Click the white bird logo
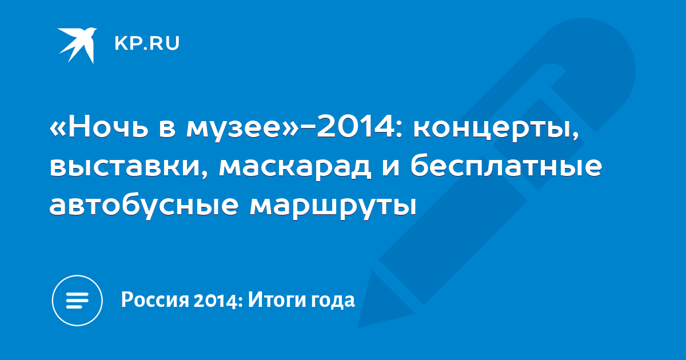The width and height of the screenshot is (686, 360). [77, 45]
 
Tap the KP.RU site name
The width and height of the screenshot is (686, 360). [147, 43]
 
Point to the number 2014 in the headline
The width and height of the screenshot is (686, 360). [356, 126]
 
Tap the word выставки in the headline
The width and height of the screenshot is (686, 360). [129, 167]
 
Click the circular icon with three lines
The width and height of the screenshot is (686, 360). [77, 301]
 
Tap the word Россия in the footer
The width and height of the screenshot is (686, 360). [155, 299]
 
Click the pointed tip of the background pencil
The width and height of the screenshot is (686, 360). [358, 327]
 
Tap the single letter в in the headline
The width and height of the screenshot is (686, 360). [167, 130]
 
